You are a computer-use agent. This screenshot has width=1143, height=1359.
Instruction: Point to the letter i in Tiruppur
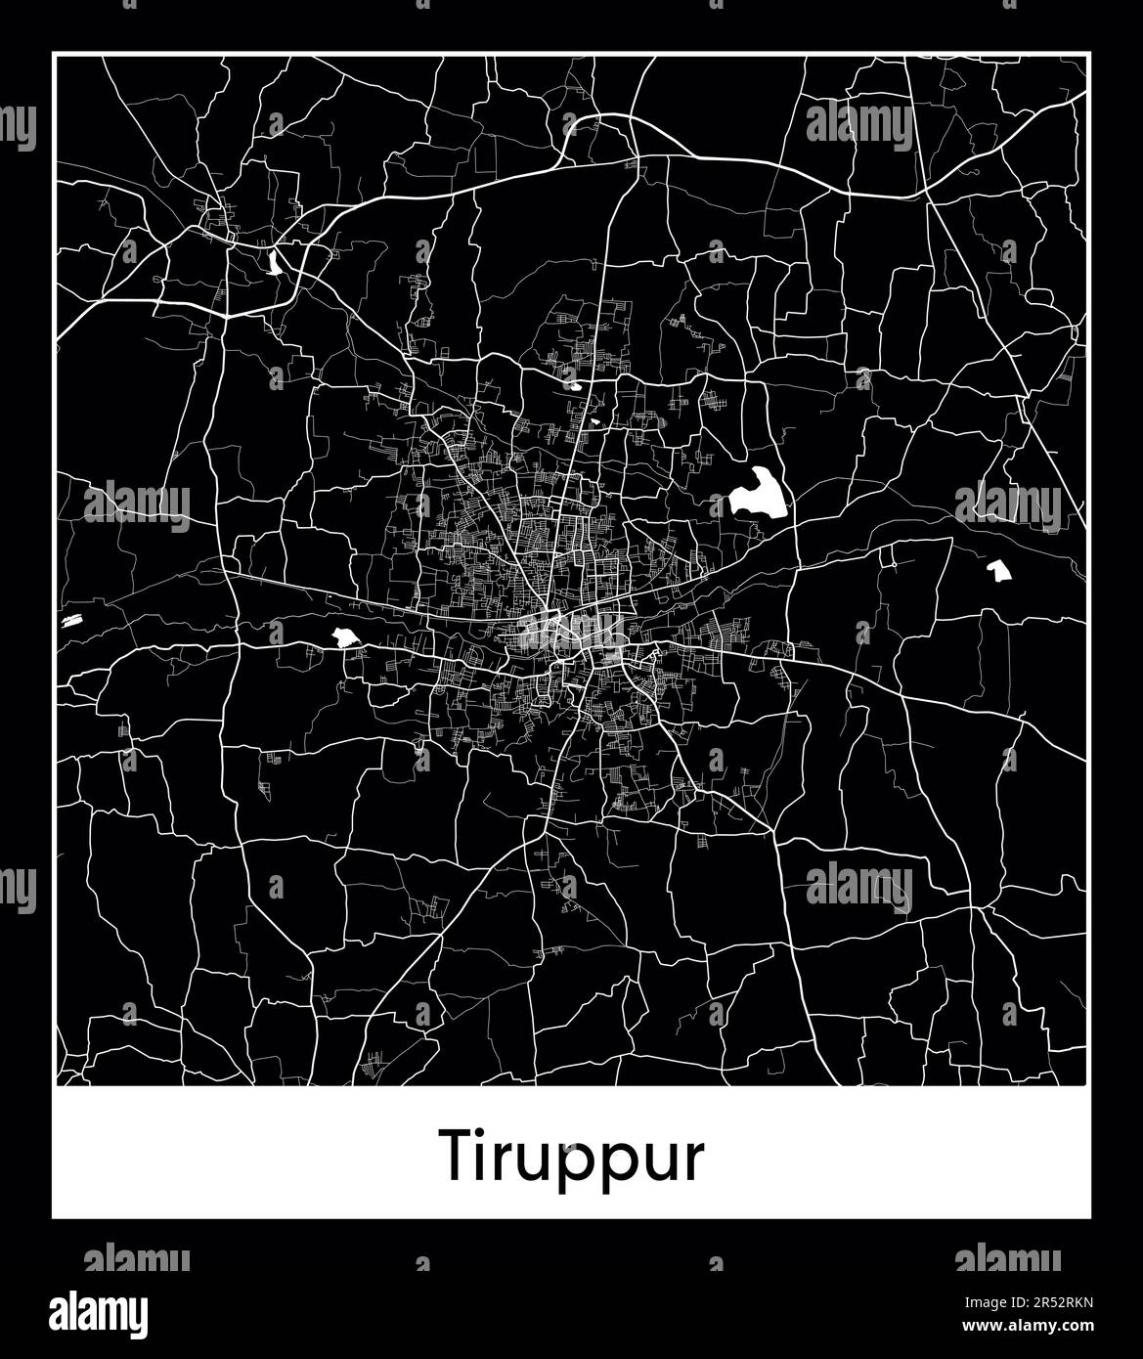pos(486,1154)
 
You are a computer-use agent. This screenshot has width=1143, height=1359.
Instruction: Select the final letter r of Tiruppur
pos(693,1161)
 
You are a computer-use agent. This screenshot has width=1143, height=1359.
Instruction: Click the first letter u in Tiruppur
pos(546,1161)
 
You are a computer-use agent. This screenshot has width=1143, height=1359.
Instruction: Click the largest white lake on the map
pos(758,495)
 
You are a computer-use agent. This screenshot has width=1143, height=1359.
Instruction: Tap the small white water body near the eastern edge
pos(997,571)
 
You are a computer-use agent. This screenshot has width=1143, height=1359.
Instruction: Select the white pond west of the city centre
pos(343,637)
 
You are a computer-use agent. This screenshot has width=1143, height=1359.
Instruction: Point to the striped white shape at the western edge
pos(71,620)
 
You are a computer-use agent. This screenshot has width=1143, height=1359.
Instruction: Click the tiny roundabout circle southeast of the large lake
pos(891,563)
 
